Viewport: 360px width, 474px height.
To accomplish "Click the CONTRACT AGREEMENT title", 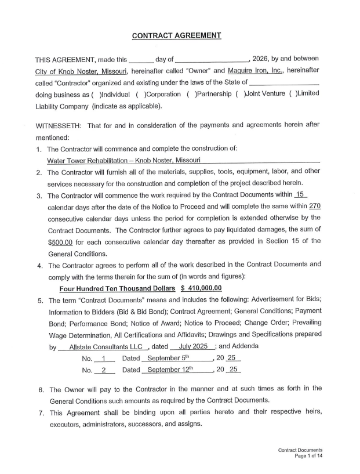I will [x=176, y=35].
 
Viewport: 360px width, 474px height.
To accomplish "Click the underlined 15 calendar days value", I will [x=300, y=194].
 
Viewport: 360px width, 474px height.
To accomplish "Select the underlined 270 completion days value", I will [x=314, y=206].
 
